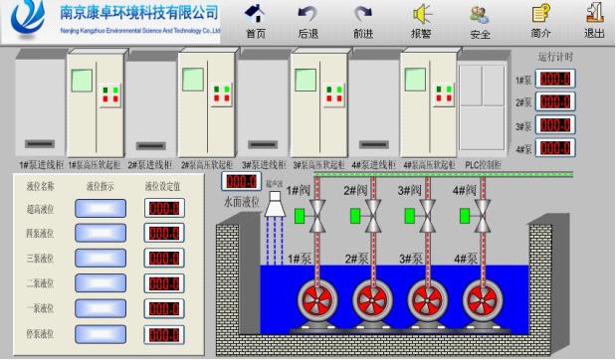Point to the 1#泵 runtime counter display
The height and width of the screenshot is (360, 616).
coord(554,80)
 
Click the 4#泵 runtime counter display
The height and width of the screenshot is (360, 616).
coord(554,148)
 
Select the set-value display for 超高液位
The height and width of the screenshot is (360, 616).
coord(163,208)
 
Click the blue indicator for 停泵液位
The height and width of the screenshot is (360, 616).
coord(101,333)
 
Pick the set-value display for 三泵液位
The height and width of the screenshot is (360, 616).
coord(163,259)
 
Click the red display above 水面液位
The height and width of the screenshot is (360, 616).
coord(242,182)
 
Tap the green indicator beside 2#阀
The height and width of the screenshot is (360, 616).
coord(354,215)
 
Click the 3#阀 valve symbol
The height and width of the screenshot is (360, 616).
coord(429,213)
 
